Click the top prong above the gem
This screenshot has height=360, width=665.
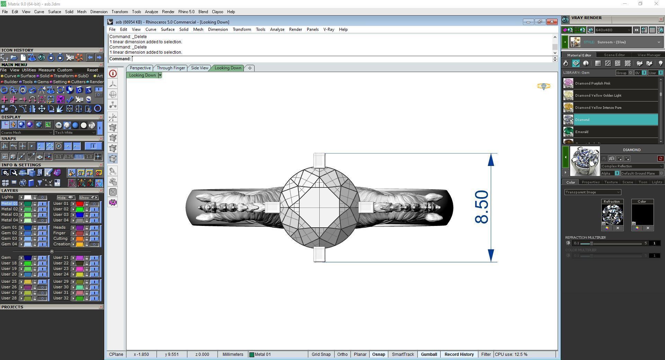[319, 160]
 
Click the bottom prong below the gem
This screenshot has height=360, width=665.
[319, 254]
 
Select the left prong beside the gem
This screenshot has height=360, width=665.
[272, 207]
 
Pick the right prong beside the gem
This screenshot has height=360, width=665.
[366, 207]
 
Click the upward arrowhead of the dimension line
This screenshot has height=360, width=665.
[491, 160]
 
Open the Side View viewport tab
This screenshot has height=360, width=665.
[199, 68]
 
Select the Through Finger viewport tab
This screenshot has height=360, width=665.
[171, 68]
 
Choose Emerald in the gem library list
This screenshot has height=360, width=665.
[582, 132]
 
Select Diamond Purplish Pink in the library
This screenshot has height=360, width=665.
[593, 84]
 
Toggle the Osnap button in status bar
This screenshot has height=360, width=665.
[378, 354]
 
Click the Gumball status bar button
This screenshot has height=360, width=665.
[429, 354]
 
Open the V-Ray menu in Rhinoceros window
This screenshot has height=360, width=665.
[328, 29]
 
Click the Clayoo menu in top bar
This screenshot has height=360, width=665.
[218, 12]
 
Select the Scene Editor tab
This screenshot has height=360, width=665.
[614, 55]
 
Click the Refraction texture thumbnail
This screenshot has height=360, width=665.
[612, 215]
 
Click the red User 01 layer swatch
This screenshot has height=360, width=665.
[80, 204]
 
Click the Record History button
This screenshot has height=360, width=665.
[459, 354]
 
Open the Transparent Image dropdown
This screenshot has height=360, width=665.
[593, 192]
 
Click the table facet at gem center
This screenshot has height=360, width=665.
[319, 207]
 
